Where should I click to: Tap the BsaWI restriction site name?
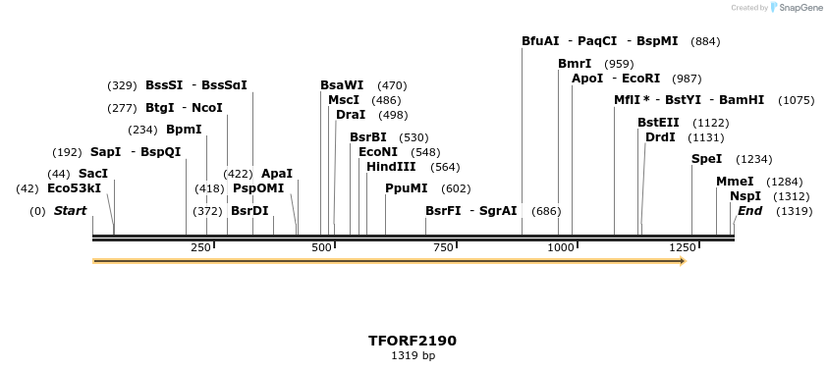[x=342, y=85]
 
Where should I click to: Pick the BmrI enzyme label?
[x=575, y=64]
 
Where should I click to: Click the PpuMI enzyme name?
[x=407, y=187]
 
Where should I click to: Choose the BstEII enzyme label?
[x=658, y=122]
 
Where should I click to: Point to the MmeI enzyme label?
[x=735, y=181]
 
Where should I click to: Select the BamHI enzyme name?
[x=742, y=100]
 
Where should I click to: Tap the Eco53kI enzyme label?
[x=74, y=187]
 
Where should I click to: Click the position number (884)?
[x=705, y=41]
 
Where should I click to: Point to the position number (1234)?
[x=754, y=159]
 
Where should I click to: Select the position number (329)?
[x=122, y=85]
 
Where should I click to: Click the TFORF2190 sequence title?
[x=413, y=341]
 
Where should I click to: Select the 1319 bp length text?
[x=413, y=355]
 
